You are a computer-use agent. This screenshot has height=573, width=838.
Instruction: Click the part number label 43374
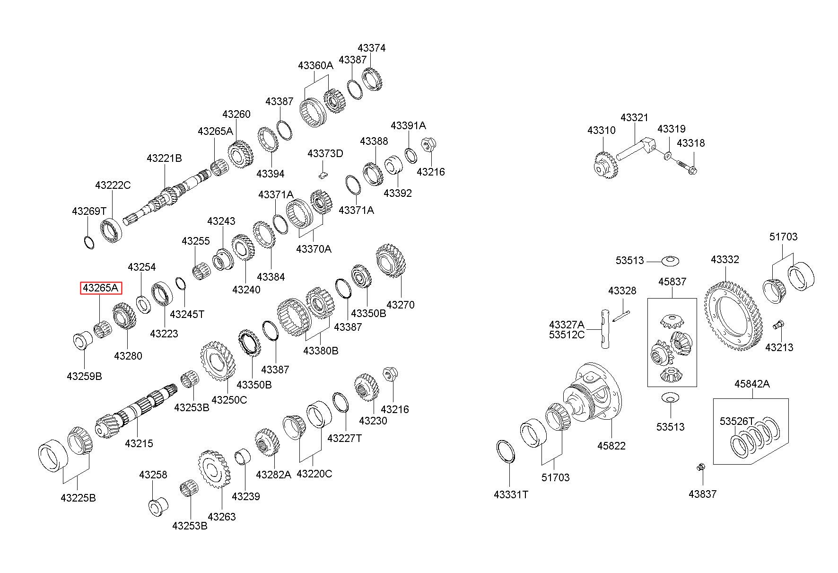(x=371, y=48)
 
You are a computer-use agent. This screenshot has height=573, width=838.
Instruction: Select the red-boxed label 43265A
(x=101, y=288)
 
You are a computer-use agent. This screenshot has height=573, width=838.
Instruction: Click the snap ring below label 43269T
(x=88, y=242)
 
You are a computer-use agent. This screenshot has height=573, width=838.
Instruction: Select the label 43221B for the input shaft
(x=164, y=159)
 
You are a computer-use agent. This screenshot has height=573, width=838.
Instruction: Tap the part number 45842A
(x=752, y=384)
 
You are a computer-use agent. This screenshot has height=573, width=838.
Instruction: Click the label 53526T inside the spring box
(x=737, y=421)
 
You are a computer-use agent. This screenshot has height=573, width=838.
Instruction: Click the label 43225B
(x=78, y=498)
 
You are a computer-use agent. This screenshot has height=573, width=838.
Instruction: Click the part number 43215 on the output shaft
(x=139, y=443)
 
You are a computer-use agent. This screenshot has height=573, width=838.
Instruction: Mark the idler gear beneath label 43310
(x=605, y=164)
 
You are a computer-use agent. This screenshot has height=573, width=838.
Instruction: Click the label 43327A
(x=567, y=325)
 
